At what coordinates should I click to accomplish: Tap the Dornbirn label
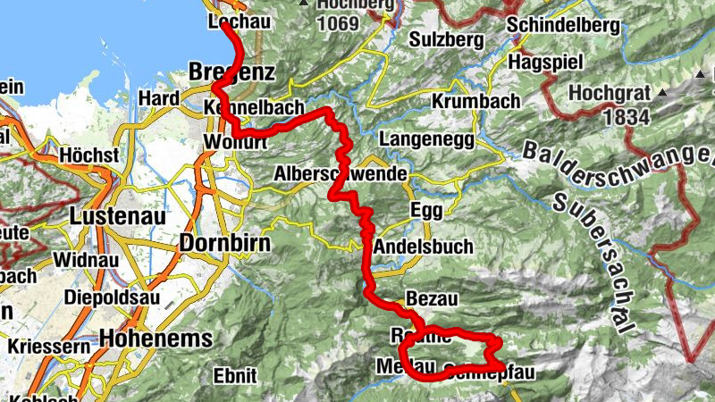click(x=223, y=242)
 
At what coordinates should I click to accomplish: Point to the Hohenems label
click(x=156, y=339)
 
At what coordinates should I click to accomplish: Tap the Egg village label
click(x=425, y=210)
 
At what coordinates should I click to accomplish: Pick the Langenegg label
click(x=422, y=140)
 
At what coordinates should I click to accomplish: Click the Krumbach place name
click(x=475, y=102)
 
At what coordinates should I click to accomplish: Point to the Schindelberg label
click(x=563, y=26)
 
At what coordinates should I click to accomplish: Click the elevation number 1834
click(x=625, y=116)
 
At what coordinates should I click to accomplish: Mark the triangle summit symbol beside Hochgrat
click(x=663, y=92)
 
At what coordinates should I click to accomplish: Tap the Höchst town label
click(x=88, y=155)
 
